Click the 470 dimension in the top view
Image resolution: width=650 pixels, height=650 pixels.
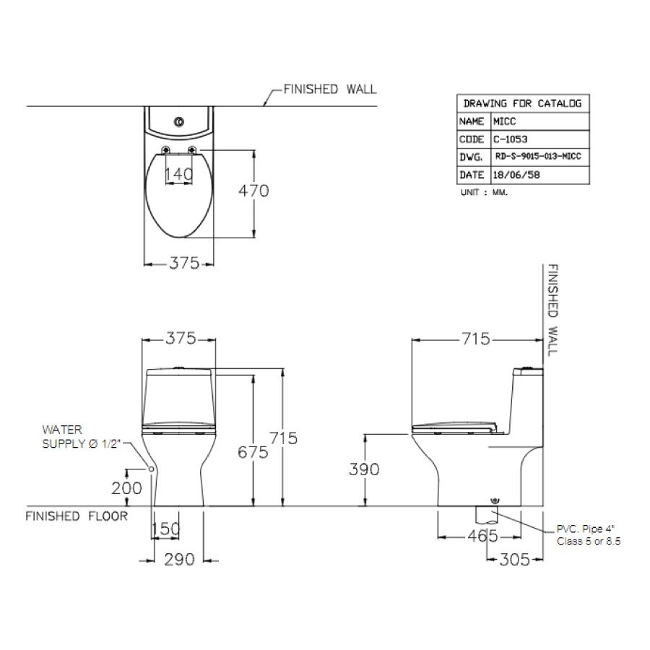pos(253,191)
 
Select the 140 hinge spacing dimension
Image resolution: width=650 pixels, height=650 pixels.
pos(178,174)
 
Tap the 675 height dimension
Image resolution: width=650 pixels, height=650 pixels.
pos(253,452)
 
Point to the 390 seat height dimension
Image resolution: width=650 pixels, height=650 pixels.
pos(365,469)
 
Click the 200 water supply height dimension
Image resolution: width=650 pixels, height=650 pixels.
pos(126,488)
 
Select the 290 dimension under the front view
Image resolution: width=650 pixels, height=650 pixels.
pos(180,560)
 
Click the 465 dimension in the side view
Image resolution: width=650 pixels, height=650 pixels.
pos(482,536)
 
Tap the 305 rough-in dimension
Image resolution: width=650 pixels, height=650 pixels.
pos(515,560)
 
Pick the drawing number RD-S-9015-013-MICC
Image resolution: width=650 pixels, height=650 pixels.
pos(538,157)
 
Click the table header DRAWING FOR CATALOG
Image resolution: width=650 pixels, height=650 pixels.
pos(521,103)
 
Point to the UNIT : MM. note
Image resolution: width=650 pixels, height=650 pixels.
pos(483,194)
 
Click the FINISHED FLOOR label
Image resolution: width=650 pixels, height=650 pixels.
pos(77,516)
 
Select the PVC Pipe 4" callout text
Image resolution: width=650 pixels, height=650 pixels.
pos(588,534)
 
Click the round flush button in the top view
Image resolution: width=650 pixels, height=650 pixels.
pos(178,121)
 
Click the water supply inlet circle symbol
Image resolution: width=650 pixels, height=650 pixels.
pos(152,469)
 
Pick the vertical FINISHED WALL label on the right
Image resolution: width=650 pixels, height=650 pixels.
pos(552,308)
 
